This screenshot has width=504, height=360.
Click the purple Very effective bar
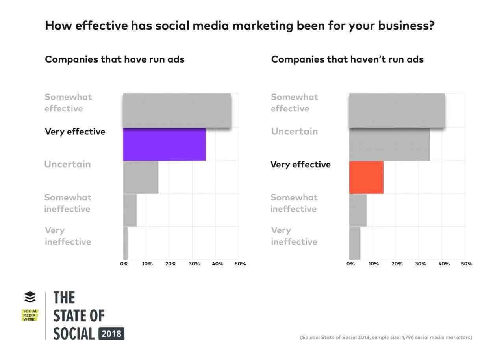click(164, 144)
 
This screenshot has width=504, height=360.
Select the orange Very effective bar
click(366, 177)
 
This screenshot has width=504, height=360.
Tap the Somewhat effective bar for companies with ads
click(177, 110)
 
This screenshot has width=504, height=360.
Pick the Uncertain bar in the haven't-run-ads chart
click(389, 144)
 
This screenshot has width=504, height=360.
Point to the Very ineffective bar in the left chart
click(125, 243)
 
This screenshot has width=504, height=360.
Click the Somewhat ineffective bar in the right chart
click(358, 210)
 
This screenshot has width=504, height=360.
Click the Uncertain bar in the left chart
click(141, 177)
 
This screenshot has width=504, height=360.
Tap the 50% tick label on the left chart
click(240, 264)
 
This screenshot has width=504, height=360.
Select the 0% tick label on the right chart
click(350, 264)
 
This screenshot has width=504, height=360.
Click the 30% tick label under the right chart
click(421, 264)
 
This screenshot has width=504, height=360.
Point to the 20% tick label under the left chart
click(170, 264)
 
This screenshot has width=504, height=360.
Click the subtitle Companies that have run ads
click(115, 59)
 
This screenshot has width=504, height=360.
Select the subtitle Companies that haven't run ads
click(347, 59)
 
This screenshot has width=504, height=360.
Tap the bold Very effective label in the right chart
click(300, 165)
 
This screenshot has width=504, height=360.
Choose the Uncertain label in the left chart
click(67, 164)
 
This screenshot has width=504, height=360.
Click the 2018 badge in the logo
click(111, 334)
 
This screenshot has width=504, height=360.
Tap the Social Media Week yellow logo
click(30, 315)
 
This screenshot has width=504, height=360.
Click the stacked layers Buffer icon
click(30, 297)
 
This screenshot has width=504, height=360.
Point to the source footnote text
click(386, 338)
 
